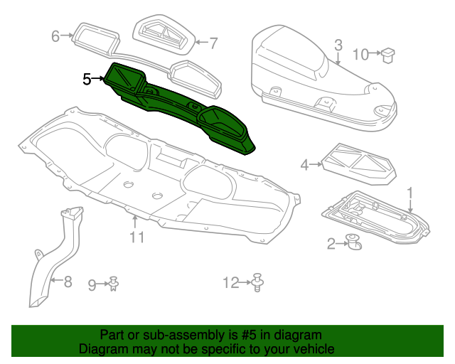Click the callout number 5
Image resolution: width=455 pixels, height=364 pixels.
pyautogui.click(x=87, y=79)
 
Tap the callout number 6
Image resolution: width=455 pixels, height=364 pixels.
pyautogui.click(x=56, y=36)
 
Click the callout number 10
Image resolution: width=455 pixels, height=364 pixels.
pyautogui.click(x=361, y=53)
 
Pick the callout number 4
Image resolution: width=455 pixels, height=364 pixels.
pyautogui.click(x=305, y=165)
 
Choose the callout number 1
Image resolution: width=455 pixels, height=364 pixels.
pyautogui.click(x=409, y=192)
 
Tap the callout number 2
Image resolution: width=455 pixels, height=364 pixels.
pyautogui.click(x=331, y=245)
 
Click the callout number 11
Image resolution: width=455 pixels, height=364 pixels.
pyautogui.click(x=136, y=236)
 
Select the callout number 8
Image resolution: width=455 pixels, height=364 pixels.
pyautogui.click(x=68, y=282)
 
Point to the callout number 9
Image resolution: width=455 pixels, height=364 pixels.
pyautogui.click(x=92, y=285)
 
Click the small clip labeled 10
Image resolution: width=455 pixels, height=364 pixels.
pyautogui.click(x=390, y=55)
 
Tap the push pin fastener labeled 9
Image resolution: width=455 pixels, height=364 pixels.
pyautogui.click(x=114, y=284)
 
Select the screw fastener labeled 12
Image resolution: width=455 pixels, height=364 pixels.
pyautogui.click(x=259, y=283)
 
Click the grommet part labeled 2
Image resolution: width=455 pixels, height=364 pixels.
pyautogui.click(x=353, y=243)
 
